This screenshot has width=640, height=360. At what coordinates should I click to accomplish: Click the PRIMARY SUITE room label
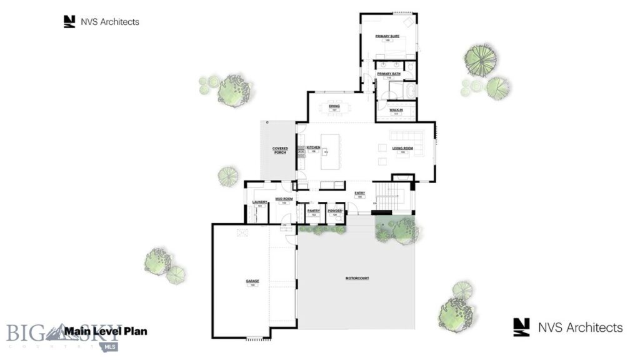click(x=387, y=37)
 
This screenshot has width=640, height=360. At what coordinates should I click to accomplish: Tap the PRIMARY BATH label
click(x=388, y=74)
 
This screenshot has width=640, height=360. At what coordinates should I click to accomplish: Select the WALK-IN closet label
click(x=396, y=110)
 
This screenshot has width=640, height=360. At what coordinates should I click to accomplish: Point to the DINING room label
click(x=334, y=107)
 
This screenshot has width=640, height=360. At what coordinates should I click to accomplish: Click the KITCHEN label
click(x=313, y=147)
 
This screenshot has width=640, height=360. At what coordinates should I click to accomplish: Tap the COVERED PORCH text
click(x=280, y=150)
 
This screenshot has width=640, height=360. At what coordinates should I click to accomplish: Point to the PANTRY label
click(x=314, y=211)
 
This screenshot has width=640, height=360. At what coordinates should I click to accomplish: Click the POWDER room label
click(x=334, y=211)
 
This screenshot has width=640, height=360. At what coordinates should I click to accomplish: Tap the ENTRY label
click(x=360, y=193)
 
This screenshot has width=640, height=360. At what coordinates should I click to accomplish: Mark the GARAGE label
click(x=252, y=281)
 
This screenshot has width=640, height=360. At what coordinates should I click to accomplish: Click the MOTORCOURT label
click(x=357, y=277)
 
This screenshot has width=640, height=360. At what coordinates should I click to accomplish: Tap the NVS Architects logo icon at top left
click(x=69, y=22)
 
